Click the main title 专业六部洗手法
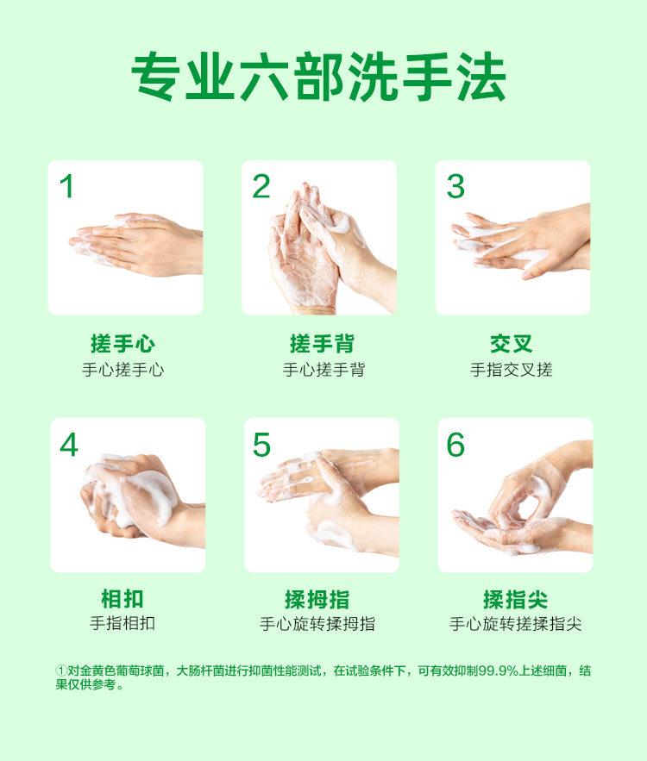(318, 77)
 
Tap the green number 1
(67, 186)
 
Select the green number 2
(261, 186)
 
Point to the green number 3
(455, 186)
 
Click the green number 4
(68, 445)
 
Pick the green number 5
(261, 445)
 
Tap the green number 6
(455, 445)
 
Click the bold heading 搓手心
(122, 344)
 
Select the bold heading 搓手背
(322, 344)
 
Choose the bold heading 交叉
(512, 344)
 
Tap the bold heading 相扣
(122, 599)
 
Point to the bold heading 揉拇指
(317, 599)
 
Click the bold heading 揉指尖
(515, 599)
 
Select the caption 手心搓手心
(122, 370)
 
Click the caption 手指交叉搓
(511, 370)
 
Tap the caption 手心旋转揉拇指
(317, 624)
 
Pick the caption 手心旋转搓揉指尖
(515, 624)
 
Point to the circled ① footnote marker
(60, 671)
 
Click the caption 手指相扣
(122, 623)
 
